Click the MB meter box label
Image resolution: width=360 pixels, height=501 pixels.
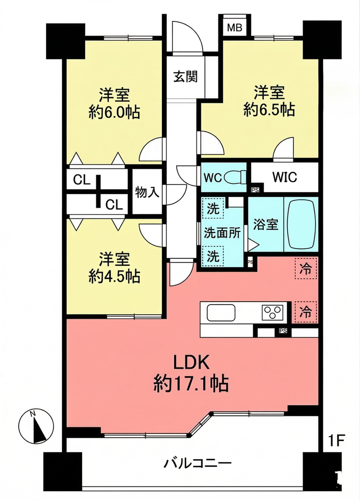(x=235, y=28)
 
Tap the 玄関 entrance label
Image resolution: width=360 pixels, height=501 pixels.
(x=185, y=77)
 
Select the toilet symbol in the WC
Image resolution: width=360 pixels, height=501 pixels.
(x=235, y=177)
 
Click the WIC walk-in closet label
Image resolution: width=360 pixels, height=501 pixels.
(x=284, y=177)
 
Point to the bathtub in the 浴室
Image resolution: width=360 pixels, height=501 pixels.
(x=302, y=224)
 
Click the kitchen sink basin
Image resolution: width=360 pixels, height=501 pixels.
(x=221, y=312)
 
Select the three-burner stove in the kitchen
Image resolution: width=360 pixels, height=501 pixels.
(x=272, y=312)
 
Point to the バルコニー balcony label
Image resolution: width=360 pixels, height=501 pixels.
(x=198, y=463)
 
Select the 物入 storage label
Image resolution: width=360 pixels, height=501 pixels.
(x=147, y=192)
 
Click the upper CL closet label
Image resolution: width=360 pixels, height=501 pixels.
(x=81, y=180)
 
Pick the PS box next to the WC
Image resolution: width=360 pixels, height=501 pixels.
(x=255, y=190)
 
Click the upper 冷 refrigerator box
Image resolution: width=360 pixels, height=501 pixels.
(x=306, y=268)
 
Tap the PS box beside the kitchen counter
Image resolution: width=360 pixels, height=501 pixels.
(x=283, y=331)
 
